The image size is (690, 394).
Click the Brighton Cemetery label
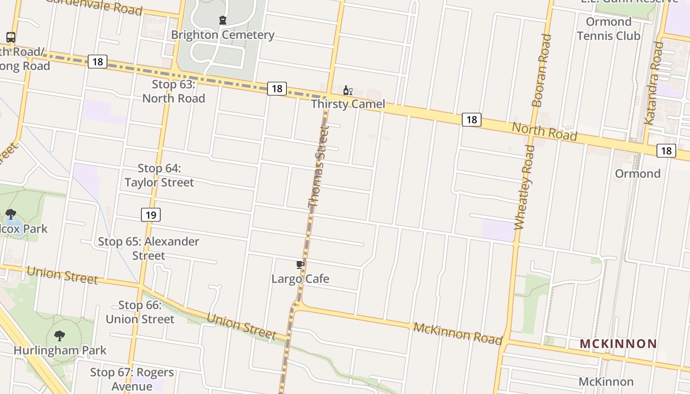click(x=223, y=35)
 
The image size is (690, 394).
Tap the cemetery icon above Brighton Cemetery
click(x=223, y=20)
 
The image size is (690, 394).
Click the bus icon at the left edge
click(x=10, y=37)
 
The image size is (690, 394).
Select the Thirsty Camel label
click(x=348, y=104)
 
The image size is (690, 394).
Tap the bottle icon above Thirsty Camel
click(x=347, y=91)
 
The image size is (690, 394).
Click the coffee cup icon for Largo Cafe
click(x=300, y=265)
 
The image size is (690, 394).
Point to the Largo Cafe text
click(x=300, y=279)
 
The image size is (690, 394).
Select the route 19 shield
click(x=151, y=215)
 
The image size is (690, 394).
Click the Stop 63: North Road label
click(x=173, y=92)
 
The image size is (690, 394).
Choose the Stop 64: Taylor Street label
click(x=159, y=176)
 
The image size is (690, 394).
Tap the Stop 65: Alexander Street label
click(x=148, y=249)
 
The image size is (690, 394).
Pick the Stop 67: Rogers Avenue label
click(x=132, y=379)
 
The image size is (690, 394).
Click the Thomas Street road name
click(x=318, y=167)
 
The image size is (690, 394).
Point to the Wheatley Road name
click(x=523, y=188)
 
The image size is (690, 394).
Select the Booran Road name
click(x=541, y=70)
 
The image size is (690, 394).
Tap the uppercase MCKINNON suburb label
click(x=618, y=344)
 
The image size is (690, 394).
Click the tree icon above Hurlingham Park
click(x=60, y=336)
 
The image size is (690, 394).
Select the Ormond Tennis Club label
click(x=609, y=29)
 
